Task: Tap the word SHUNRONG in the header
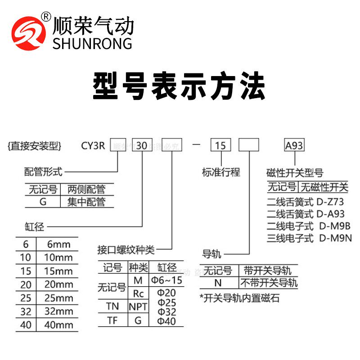click(x=92, y=43)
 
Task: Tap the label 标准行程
click(x=221, y=172)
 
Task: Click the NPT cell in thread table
click(x=138, y=307)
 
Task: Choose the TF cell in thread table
click(x=112, y=320)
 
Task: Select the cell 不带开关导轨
click(x=268, y=283)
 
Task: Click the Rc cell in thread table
click(x=138, y=293)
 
